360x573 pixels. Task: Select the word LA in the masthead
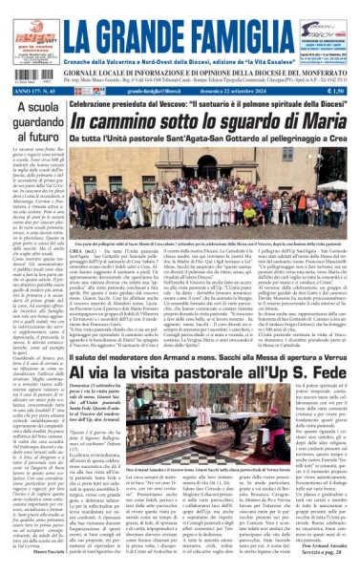click(95, 23)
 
